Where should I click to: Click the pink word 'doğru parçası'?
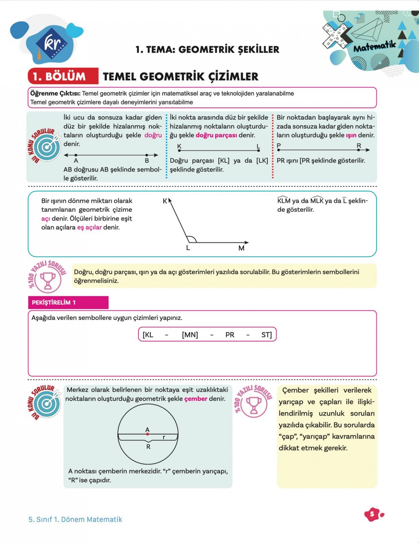pos(216,135)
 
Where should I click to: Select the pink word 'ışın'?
pos(351,135)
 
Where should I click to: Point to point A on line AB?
pos(76,155)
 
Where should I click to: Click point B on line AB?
pos(147,155)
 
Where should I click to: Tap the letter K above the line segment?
pos(179,146)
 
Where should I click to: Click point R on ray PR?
pos(359,150)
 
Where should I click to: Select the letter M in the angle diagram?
pos(241,248)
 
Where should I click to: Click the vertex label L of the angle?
pos(188,248)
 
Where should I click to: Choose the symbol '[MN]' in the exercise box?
pos(190,335)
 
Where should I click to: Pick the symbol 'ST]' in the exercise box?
pos(266,335)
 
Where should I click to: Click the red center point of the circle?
pos(148,434)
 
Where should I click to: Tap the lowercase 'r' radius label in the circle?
pos(164,437)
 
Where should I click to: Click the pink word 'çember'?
pos(196,399)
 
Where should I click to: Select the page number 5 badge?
pos(372,514)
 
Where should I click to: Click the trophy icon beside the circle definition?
pos(254,405)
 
